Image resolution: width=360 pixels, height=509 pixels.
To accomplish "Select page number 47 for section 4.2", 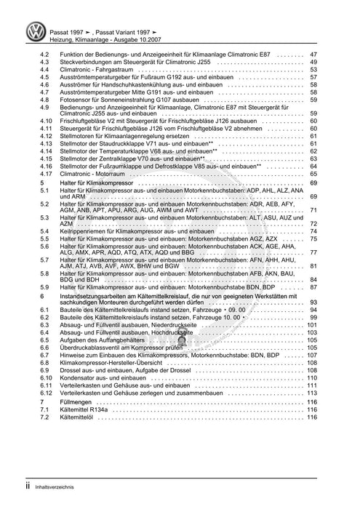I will pos(313,55).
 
